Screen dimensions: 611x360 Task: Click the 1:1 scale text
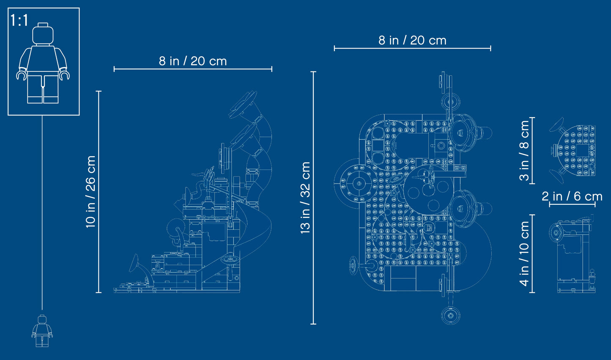click(19, 20)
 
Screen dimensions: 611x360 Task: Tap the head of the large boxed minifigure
click(43, 33)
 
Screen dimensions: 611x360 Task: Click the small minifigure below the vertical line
click(42, 331)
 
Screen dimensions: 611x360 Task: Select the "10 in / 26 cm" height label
click(90, 192)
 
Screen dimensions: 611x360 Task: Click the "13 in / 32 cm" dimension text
click(305, 198)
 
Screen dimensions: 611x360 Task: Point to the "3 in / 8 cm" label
click(524, 151)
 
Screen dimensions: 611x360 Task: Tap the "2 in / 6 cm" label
click(572, 197)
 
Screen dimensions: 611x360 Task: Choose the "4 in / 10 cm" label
click(524, 254)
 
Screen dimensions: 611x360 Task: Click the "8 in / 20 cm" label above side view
click(193, 61)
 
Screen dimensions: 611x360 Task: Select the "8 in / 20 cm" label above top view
click(412, 40)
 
